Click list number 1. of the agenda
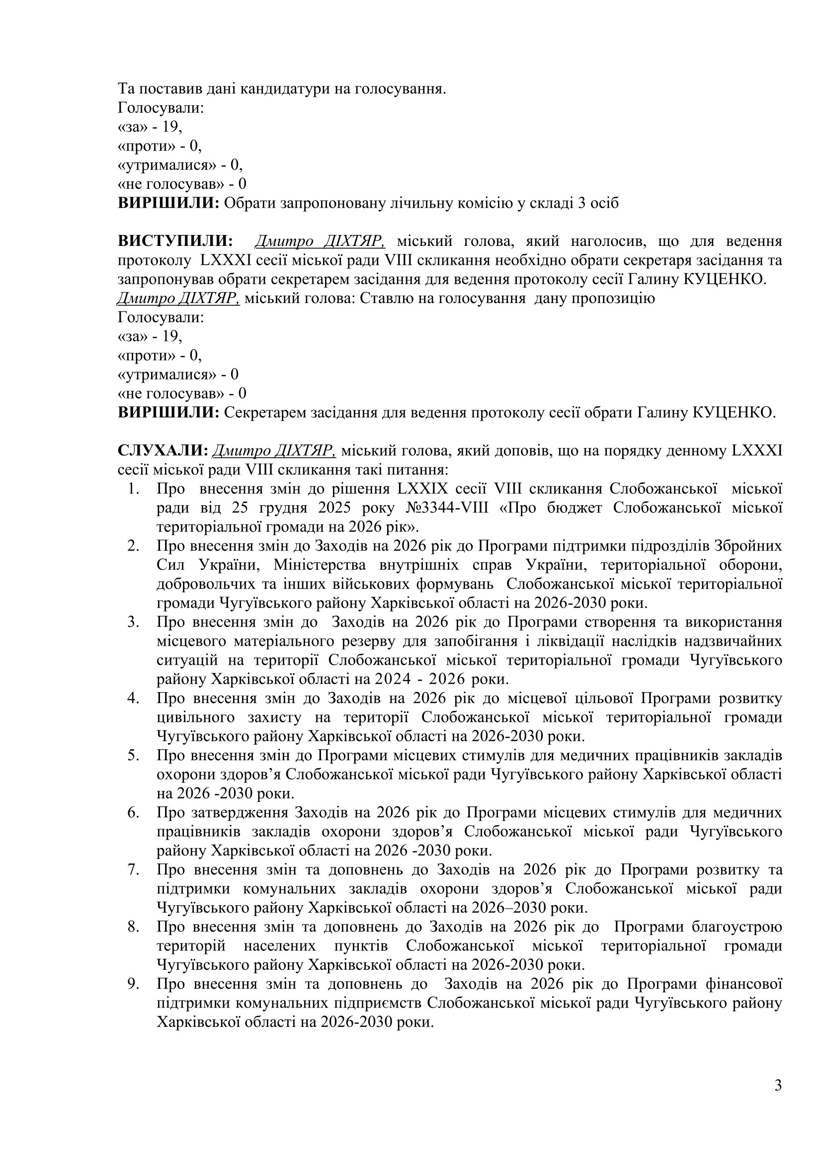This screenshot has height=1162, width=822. pos(133,489)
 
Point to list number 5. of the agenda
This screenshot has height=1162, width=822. pos(133,755)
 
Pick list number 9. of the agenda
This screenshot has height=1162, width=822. pos(133,984)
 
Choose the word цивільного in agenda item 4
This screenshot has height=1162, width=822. pos(195,717)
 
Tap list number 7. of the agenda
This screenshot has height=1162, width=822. pos(133,869)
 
